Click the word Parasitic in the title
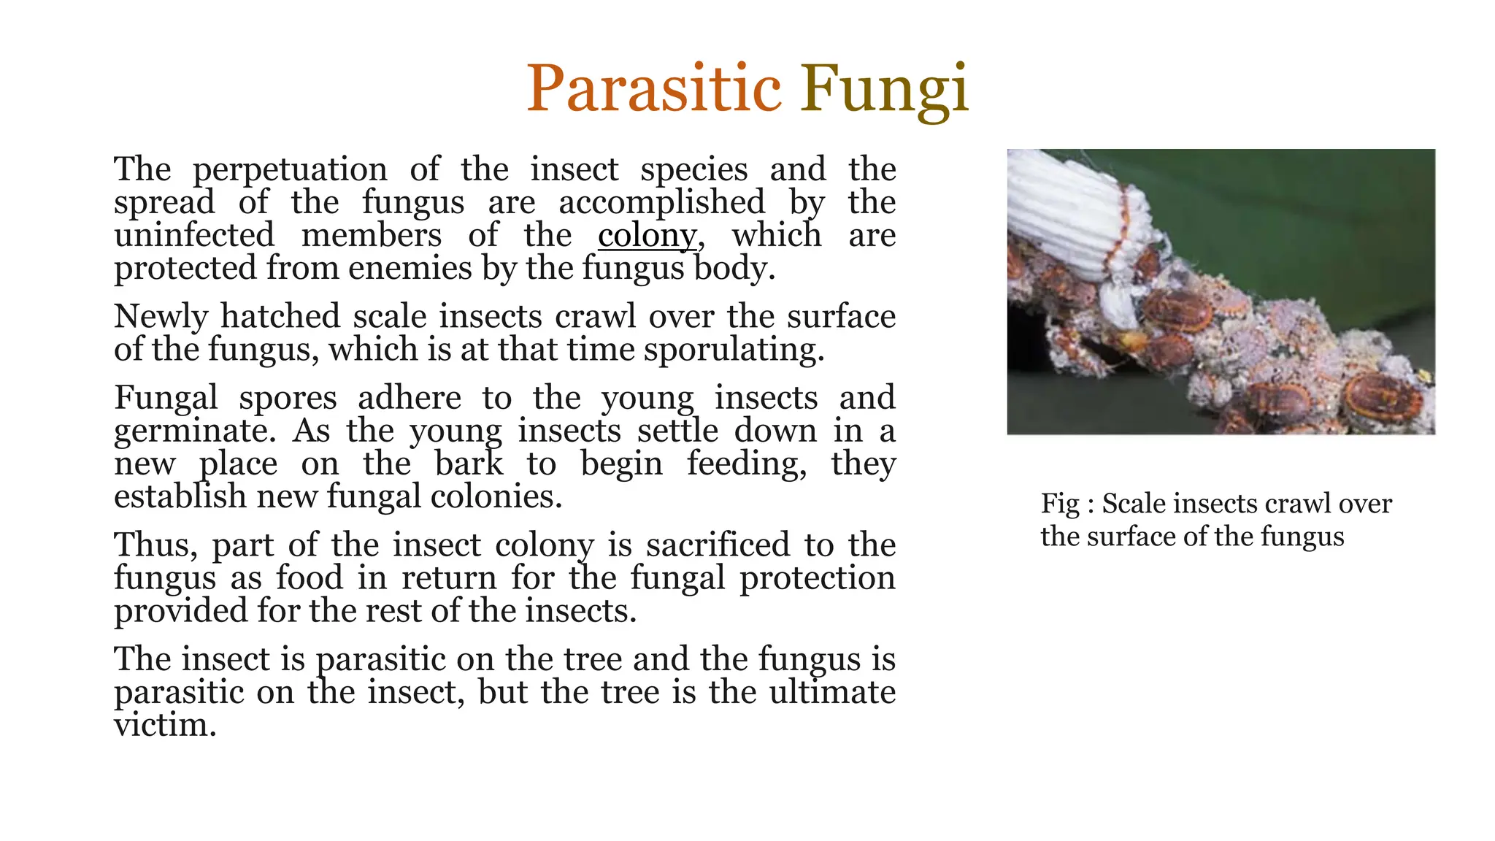(x=653, y=89)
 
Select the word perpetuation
(x=290, y=171)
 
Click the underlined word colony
(x=647, y=236)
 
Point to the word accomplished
(x=662, y=202)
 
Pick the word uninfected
(x=194, y=235)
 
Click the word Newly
(x=161, y=318)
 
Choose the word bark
(x=469, y=464)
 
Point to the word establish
(x=180, y=496)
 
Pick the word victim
(x=165, y=725)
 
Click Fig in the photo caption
(x=1060, y=504)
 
